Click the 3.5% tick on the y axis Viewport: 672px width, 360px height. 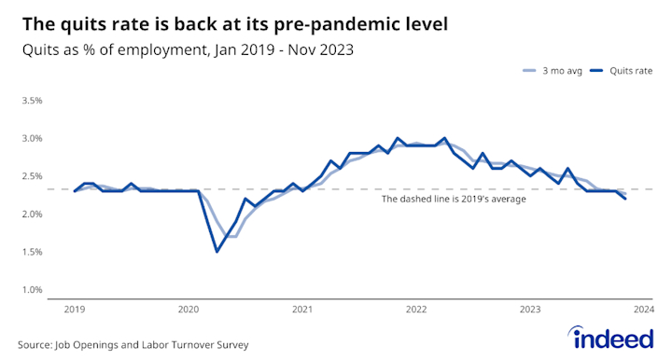click(x=32, y=101)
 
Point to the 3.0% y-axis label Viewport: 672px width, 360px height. click(x=32, y=138)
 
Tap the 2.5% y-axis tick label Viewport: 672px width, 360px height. click(x=32, y=176)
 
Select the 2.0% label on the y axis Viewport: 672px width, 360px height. click(x=32, y=214)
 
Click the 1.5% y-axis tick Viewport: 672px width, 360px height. click(x=32, y=252)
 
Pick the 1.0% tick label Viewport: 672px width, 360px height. click(x=32, y=289)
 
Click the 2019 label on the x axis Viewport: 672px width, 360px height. click(x=75, y=309)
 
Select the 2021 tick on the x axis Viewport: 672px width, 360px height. click(x=301, y=309)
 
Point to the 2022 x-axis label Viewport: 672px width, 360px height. click(x=415, y=309)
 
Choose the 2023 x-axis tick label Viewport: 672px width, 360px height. click(x=529, y=309)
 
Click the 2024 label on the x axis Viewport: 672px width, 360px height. click(x=643, y=309)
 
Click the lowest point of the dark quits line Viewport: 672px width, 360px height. click(x=217, y=251)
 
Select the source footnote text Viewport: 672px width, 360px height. click(x=133, y=344)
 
